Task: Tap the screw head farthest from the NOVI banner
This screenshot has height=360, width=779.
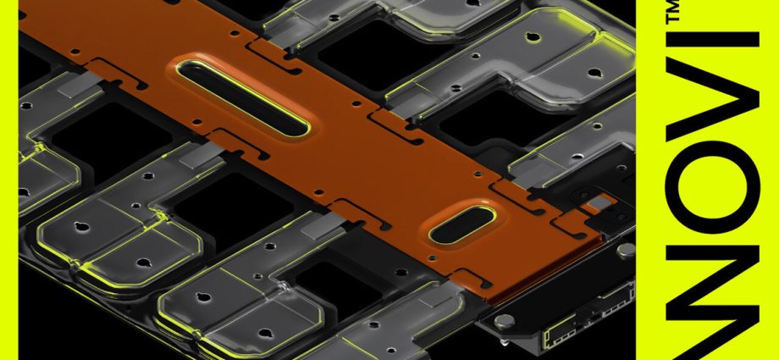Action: coord(502,320)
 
